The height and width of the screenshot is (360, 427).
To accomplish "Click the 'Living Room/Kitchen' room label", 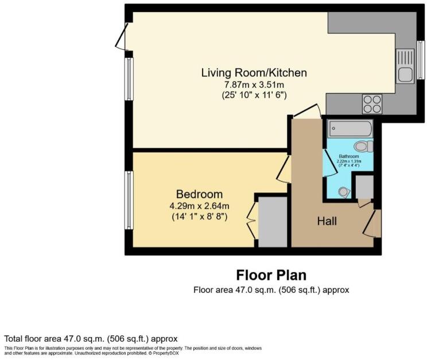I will pos(254,73).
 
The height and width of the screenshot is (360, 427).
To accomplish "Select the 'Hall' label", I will pos(327,221).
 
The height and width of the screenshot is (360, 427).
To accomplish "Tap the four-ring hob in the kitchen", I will pos(372,104).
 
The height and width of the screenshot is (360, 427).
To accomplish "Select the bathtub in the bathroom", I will pos(350,129).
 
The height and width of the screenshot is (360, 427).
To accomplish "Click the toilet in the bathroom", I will pos(363,146).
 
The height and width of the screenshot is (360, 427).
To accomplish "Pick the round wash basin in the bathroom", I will pos(344,192).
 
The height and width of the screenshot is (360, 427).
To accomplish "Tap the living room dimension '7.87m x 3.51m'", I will pos(254,84).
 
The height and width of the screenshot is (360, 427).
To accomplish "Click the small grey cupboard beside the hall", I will pos(364,187).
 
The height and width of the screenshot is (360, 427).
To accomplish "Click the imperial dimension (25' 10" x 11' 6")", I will pos(254,95).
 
